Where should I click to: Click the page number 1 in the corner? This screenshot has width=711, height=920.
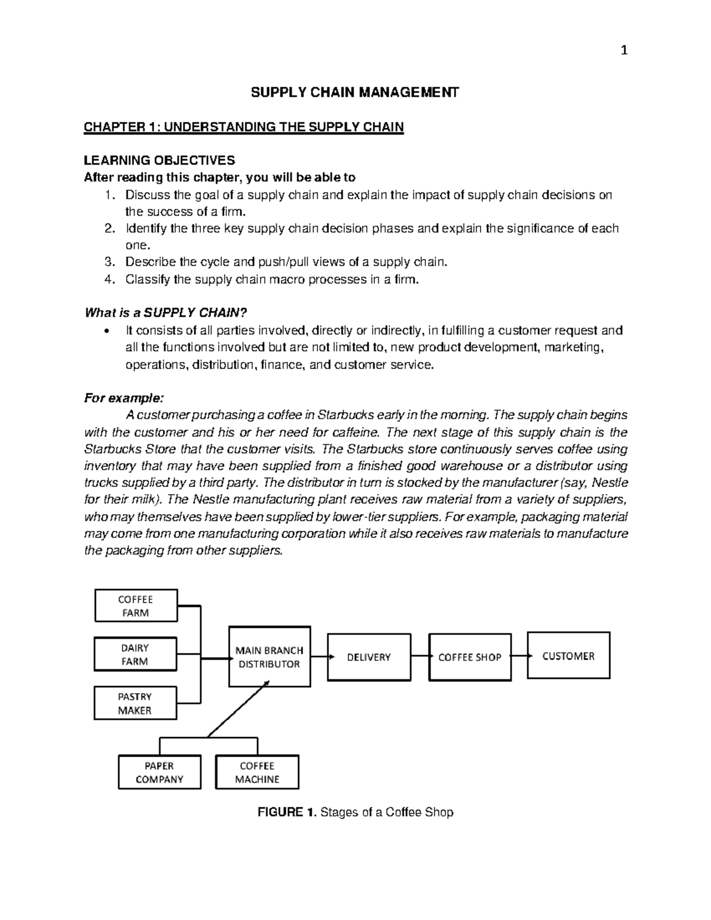623,50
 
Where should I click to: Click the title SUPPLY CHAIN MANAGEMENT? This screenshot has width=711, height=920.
355,92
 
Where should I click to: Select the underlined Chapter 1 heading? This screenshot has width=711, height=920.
244,127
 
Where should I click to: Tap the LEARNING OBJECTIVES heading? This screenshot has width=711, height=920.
159,161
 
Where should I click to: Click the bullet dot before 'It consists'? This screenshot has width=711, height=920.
107,331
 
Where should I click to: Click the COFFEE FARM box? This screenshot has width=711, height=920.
136,606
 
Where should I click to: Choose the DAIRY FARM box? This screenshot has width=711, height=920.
135,655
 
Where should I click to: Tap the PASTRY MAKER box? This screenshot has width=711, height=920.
135,703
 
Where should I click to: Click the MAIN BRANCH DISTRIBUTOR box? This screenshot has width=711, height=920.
269,657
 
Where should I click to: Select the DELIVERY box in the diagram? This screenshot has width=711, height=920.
369,657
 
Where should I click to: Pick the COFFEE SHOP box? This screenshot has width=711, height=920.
470,657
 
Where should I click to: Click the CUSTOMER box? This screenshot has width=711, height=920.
568,656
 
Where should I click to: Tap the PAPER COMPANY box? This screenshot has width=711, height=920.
159,772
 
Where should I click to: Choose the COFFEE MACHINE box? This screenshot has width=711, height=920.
257,772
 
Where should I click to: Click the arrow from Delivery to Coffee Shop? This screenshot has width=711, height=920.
420,656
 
